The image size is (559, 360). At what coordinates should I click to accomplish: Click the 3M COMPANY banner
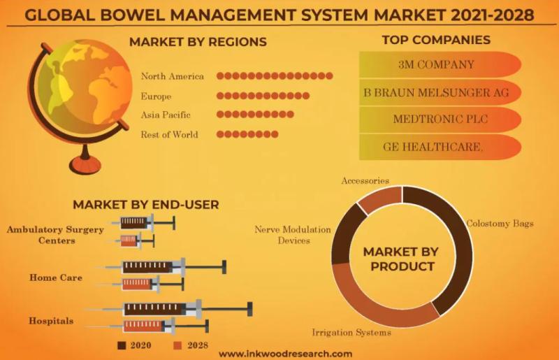[x=440, y=64]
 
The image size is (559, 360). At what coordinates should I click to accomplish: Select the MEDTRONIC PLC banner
[x=440, y=119]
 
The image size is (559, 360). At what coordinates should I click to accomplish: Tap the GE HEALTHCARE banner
[x=440, y=147]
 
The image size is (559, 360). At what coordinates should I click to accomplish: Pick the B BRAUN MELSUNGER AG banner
[x=440, y=92]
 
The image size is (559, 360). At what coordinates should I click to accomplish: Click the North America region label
[x=172, y=76]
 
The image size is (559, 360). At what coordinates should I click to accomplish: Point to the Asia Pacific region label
[x=166, y=115]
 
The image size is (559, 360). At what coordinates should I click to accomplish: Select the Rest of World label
[x=169, y=134]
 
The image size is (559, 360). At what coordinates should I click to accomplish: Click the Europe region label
[x=156, y=96]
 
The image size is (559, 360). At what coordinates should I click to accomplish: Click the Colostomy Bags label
[x=500, y=224]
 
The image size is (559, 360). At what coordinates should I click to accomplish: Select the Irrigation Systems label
[x=351, y=333]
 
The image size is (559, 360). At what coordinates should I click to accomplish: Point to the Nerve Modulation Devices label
[x=293, y=235]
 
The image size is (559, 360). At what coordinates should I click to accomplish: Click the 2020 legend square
[x=122, y=345]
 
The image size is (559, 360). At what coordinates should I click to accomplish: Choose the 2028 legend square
[x=177, y=345]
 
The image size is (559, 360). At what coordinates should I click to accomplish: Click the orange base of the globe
[x=85, y=165]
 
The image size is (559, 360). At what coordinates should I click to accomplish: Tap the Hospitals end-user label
[x=51, y=321]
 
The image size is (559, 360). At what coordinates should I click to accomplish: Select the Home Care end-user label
[x=56, y=278]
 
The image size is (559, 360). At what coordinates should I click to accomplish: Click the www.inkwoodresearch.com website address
[x=285, y=354]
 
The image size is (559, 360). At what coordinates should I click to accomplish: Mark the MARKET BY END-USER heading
[x=146, y=205]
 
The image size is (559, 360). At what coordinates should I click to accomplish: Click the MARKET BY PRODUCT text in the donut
[x=401, y=259]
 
